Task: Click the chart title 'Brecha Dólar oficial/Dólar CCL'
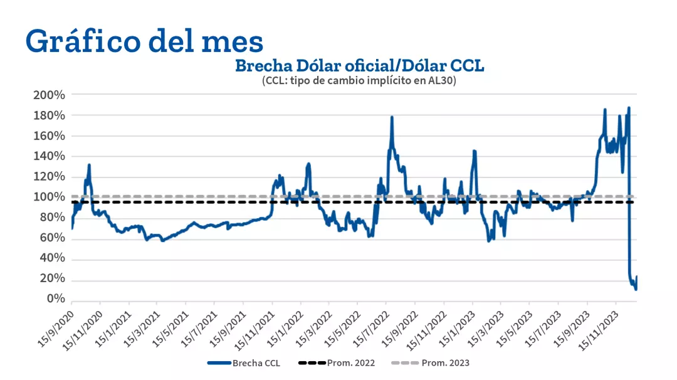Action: click(x=359, y=66)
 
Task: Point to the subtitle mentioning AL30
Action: click(x=359, y=81)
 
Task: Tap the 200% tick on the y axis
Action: click(x=50, y=95)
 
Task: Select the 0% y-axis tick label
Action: click(x=56, y=299)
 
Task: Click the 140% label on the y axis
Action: click(x=50, y=156)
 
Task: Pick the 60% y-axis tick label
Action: click(x=52, y=238)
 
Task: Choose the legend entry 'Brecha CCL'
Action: click(x=244, y=363)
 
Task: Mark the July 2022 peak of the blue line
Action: click(x=392, y=117)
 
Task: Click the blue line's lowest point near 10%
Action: click(x=636, y=289)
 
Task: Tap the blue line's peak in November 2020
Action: click(x=89, y=165)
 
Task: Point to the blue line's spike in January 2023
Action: click(x=475, y=151)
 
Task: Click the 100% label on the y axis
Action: click(x=50, y=197)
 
